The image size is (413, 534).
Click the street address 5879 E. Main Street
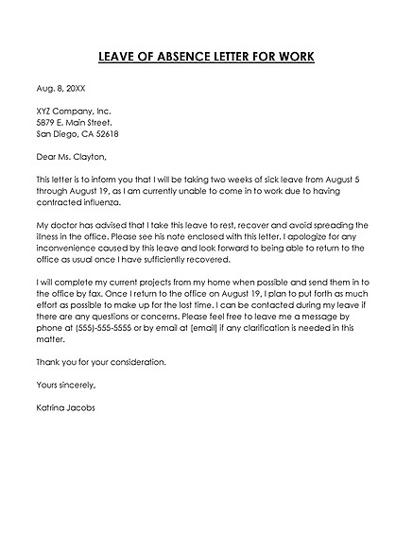(x=74, y=123)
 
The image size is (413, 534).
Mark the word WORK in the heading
(x=293, y=57)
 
